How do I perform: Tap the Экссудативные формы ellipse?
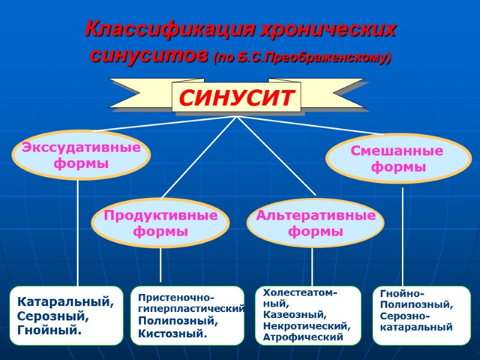[x=81, y=155]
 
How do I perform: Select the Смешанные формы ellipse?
[x=398, y=159]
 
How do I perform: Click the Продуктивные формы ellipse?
[x=160, y=223]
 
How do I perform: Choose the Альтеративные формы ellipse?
[x=316, y=223]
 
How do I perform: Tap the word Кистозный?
[x=172, y=333]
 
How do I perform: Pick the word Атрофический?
[x=303, y=337]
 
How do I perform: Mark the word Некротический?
[x=306, y=326]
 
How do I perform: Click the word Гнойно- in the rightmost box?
[x=402, y=293]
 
